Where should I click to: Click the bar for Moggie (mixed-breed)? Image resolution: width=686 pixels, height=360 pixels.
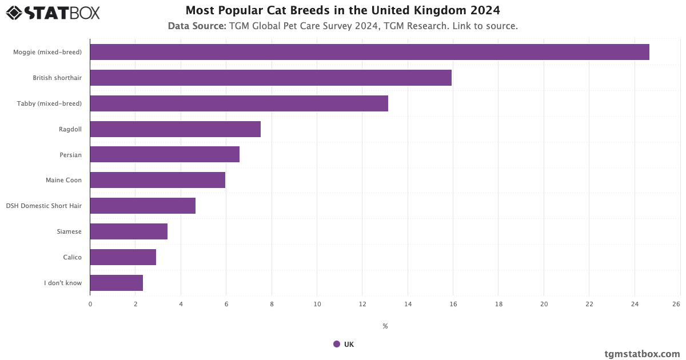pos(369,52)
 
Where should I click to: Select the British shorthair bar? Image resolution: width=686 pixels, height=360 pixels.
pos(270,78)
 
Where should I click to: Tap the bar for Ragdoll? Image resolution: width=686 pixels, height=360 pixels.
pos(175,129)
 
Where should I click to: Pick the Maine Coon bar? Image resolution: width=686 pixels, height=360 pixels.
pos(157,180)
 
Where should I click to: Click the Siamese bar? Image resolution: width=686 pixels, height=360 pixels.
pos(129,231)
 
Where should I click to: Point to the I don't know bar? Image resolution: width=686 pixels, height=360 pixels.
pos(116,283)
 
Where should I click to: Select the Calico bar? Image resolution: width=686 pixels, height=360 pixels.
pos(123,257)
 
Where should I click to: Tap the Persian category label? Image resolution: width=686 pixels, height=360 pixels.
pos(70,155)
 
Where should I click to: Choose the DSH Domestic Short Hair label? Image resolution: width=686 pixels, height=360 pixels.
pos(44,206)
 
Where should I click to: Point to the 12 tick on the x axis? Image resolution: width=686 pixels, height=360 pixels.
pos(362,304)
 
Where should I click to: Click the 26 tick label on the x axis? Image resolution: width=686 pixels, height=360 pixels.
pos(676,304)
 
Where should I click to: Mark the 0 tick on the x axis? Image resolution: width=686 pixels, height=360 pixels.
pos(90,304)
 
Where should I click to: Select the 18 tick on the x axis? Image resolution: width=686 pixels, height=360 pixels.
pos(498,304)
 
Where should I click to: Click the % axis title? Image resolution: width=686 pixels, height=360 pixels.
pos(385,326)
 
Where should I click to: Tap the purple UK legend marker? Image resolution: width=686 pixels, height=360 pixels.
pos(337,344)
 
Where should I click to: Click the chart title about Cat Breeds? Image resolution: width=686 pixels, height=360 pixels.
pos(342,10)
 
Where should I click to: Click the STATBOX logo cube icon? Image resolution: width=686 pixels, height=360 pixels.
pos(14,12)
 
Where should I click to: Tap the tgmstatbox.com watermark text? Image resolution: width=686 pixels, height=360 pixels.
pos(642,354)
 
